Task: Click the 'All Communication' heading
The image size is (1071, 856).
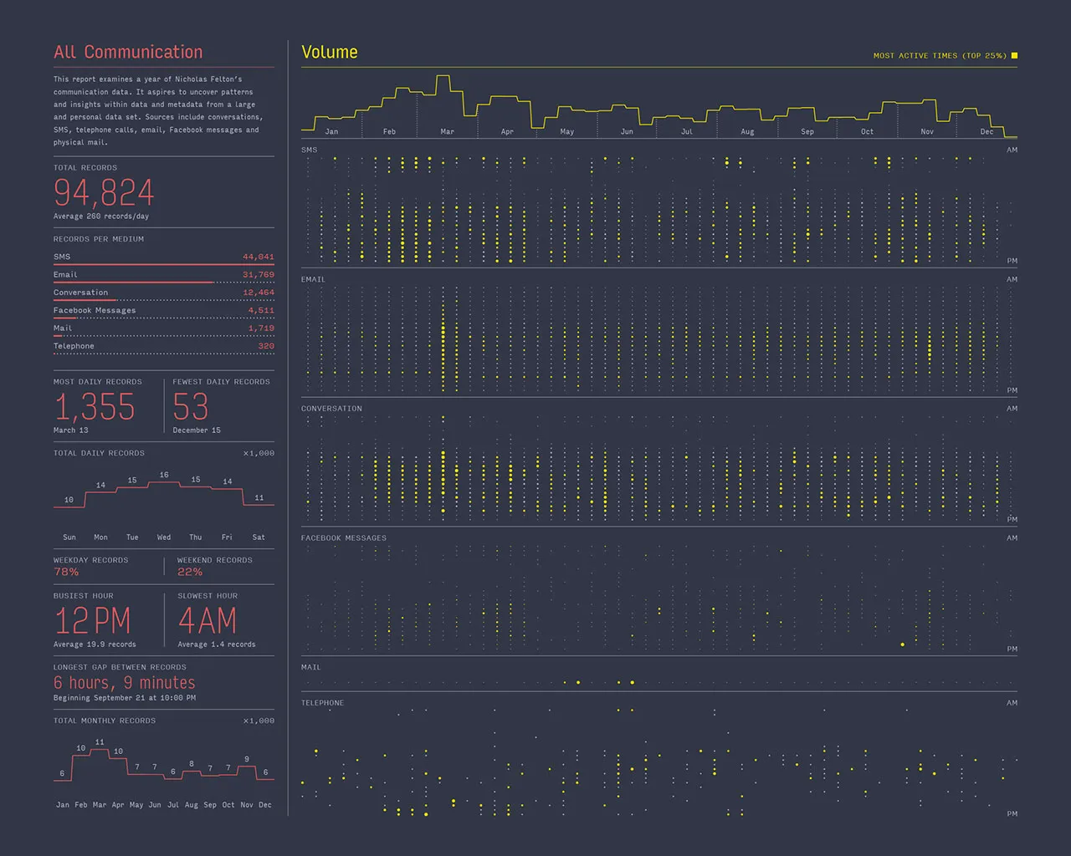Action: pos(128,52)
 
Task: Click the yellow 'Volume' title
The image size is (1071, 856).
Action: pos(330,52)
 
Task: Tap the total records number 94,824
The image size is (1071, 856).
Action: pos(104,192)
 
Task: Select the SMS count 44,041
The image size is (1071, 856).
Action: pos(259,257)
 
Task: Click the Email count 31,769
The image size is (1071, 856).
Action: pos(259,274)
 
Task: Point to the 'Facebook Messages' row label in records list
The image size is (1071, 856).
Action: pos(95,310)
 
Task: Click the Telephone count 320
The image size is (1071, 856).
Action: pos(266,346)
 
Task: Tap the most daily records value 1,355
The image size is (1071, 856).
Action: pos(95,407)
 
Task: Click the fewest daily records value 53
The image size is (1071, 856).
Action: pos(191,407)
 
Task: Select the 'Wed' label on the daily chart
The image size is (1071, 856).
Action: pos(164,538)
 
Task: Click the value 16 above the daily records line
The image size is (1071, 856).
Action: pos(164,475)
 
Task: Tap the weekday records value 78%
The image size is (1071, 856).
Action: pos(66,572)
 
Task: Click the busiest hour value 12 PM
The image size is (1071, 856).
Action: pos(93,621)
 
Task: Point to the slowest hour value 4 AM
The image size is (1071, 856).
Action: pos(208,621)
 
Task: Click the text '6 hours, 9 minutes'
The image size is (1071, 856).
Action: pos(125,682)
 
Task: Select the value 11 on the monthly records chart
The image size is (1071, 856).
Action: pos(100,742)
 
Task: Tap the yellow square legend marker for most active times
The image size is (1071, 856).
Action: pos(1014,56)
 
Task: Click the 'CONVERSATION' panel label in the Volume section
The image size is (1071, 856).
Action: pos(331,408)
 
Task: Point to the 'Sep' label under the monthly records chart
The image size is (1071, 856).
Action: pos(210,805)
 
